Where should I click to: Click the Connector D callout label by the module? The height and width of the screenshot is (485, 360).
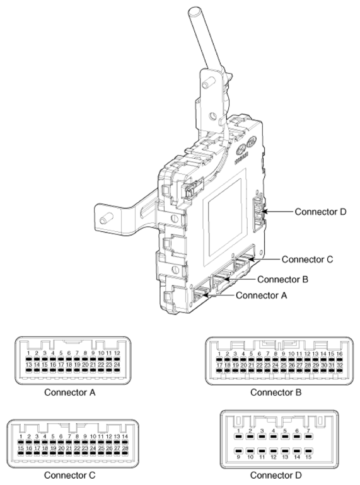[x=320, y=212]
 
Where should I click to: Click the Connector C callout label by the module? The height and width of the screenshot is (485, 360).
[x=307, y=259]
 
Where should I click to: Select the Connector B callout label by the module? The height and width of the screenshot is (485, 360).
[x=282, y=279]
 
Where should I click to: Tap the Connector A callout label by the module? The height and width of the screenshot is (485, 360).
[x=260, y=294]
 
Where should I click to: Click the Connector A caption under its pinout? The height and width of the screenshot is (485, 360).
[x=70, y=392]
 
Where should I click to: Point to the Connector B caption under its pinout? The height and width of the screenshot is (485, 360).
[x=276, y=392]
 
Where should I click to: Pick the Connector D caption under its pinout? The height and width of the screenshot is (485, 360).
[x=276, y=474]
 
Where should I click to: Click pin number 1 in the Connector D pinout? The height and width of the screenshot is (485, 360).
[x=240, y=431]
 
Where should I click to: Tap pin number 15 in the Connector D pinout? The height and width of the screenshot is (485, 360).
[x=309, y=455]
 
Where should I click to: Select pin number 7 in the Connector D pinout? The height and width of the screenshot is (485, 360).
[x=309, y=431]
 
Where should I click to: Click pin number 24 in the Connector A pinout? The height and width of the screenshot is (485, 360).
[x=117, y=365]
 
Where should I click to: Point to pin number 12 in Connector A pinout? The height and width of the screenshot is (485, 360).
[x=117, y=354]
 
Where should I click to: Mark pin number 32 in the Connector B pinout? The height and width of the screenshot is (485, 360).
[x=340, y=365]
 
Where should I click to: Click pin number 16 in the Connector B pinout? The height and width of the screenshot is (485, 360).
[x=340, y=354]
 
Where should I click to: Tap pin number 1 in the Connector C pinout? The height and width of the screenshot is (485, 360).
[x=21, y=437]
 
